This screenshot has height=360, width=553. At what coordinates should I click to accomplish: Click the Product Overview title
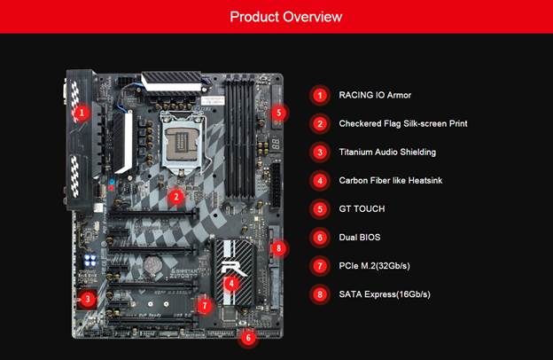(x=286, y=17)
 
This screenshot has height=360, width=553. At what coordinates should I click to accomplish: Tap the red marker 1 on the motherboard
(x=82, y=113)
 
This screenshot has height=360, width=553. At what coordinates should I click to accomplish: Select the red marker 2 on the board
(x=176, y=197)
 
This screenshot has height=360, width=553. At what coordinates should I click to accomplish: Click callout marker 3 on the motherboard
(x=88, y=300)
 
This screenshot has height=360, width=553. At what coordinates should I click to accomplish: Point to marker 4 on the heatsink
(x=231, y=284)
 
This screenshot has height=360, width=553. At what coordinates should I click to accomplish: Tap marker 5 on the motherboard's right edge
(x=279, y=113)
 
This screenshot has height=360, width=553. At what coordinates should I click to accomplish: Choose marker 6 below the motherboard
(x=248, y=338)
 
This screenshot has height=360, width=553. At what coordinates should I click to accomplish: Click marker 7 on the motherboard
(x=205, y=306)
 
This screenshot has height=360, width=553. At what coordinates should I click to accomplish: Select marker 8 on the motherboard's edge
(x=278, y=248)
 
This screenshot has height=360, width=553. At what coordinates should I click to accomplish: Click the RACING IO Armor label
(x=375, y=95)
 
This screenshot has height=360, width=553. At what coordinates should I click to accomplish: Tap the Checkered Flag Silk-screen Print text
(x=403, y=123)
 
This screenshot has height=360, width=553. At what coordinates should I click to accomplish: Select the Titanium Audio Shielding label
(x=387, y=153)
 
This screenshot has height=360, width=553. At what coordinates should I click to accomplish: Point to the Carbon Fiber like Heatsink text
(x=391, y=180)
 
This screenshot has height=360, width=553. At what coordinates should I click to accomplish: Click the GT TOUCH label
(x=362, y=209)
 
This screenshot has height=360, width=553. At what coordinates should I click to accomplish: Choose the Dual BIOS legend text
(x=360, y=237)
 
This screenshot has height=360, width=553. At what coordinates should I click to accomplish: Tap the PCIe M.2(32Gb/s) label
(x=375, y=266)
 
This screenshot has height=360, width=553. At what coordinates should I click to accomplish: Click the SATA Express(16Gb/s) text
(x=385, y=294)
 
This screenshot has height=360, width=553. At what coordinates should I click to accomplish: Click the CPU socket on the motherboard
(x=182, y=142)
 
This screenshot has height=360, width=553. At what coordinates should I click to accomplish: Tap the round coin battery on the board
(x=152, y=265)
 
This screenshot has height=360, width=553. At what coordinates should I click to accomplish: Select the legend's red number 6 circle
(x=320, y=237)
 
